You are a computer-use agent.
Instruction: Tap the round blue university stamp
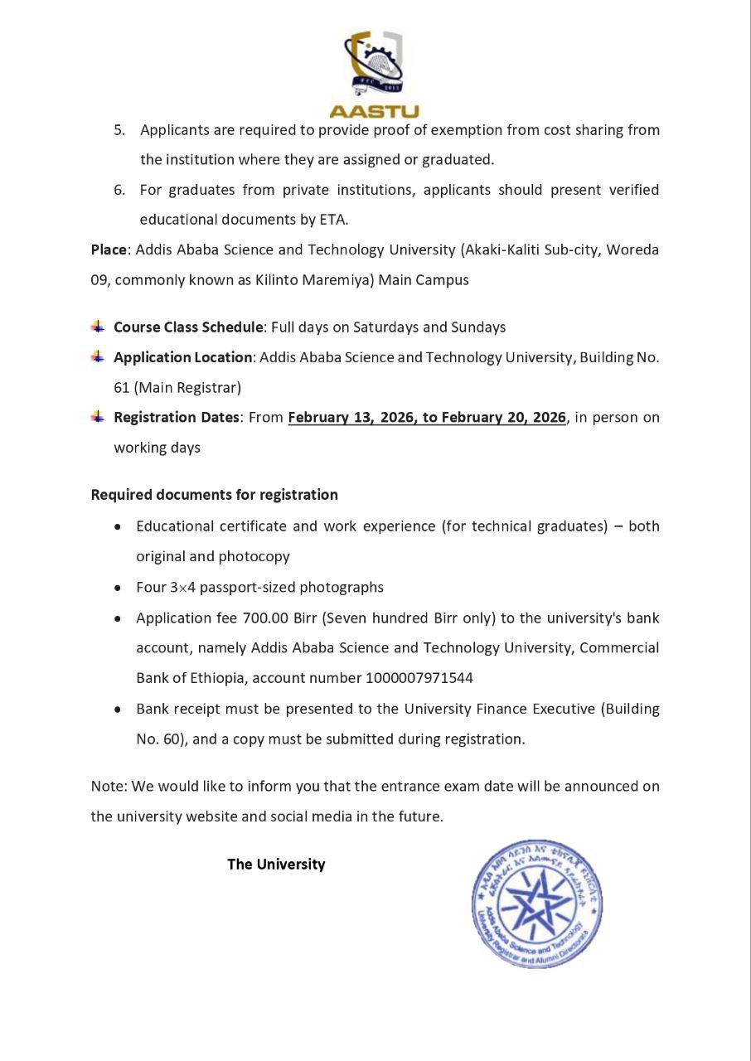[x=537, y=904]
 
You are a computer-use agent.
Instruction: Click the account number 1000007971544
[x=419, y=678]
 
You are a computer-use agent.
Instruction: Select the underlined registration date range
[x=427, y=418]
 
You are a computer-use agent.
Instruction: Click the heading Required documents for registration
[x=214, y=495]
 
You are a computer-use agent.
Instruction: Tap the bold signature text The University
[x=276, y=865]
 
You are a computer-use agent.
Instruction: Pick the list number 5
[x=119, y=130]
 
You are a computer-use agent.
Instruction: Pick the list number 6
[x=119, y=190]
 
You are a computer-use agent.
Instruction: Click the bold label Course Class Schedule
[x=188, y=327]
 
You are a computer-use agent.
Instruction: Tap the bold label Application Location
[x=182, y=357]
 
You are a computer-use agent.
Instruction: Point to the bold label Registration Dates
[x=177, y=418]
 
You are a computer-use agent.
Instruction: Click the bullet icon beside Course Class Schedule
[x=99, y=327]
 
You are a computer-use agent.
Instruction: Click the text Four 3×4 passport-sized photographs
[x=259, y=588]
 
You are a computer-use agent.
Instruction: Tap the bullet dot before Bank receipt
[x=119, y=710]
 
